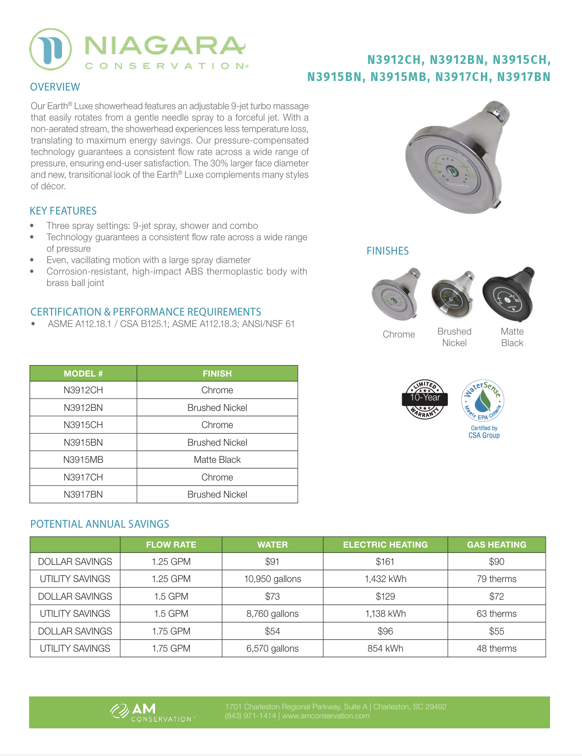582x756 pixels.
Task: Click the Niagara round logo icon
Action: tap(51, 49)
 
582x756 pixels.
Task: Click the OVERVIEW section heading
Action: tap(55, 87)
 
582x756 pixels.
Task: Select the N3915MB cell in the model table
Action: tap(83, 460)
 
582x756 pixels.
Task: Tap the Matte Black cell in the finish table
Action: tap(217, 460)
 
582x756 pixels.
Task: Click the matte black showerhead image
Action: tap(509, 294)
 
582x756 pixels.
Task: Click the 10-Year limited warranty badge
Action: tap(425, 399)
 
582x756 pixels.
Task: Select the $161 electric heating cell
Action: tap(385, 562)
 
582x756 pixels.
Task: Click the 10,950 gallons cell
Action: tap(272, 579)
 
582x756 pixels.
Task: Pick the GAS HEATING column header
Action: tap(496, 545)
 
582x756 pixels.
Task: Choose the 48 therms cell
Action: tap(496, 649)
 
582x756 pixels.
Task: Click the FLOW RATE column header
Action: tap(171, 545)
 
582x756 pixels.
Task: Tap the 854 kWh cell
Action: tap(385, 649)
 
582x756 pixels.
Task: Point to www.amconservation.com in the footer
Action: tap(325, 716)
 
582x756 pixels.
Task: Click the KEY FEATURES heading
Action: tap(63, 211)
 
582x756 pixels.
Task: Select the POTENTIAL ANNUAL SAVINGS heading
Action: tap(100, 524)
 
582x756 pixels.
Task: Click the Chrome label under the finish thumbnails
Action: tap(399, 335)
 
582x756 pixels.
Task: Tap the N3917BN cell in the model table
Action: tap(83, 495)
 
